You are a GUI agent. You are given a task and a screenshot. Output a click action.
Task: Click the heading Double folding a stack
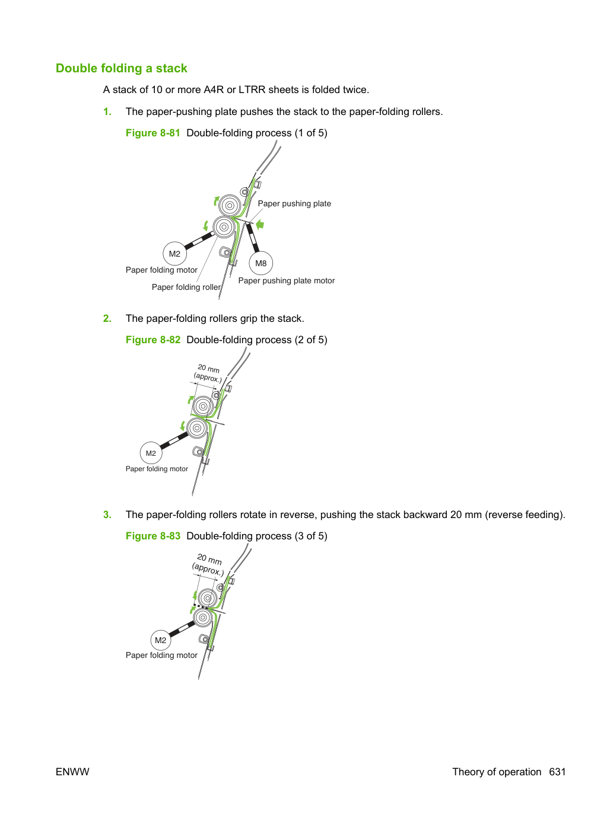pyautogui.click(x=121, y=68)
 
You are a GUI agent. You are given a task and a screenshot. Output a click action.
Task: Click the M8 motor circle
pyautogui.click(x=261, y=263)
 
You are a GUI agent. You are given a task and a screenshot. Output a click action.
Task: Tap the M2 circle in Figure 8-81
pyautogui.click(x=174, y=254)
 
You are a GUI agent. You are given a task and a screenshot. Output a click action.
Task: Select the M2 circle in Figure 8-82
pyautogui.click(x=151, y=453)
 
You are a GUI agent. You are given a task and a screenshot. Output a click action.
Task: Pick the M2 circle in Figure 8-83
pyautogui.click(x=161, y=640)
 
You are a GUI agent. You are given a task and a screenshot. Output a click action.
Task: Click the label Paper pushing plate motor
pyautogui.click(x=286, y=281)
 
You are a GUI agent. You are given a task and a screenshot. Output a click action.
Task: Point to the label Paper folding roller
pyautogui.click(x=186, y=287)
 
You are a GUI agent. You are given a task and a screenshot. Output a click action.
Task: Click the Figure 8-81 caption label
pyautogui.click(x=153, y=133)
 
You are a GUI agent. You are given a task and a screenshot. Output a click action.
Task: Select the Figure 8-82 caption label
pyautogui.click(x=153, y=340)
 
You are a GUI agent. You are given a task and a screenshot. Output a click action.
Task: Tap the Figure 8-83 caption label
pyautogui.click(x=153, y=536)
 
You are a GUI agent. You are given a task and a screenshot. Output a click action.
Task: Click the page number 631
pyautogui.click(x=557, y=772)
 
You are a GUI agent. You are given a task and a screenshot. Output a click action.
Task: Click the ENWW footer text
pyautogui.click(x=72, y=772)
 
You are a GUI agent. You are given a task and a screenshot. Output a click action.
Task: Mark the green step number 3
pyautogui.click(x=107, y=514)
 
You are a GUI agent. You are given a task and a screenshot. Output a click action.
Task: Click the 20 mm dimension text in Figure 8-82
pyautogui.click(x=208, y=369)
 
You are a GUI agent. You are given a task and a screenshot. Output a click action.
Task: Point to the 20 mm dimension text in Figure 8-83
pyautogui.click(x=209, y=559)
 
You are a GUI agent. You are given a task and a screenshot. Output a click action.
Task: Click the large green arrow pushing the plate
pyautogui.click(x=260, y=224)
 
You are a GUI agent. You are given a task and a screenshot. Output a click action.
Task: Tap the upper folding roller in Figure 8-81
pyautogui.click(x=230, y=205)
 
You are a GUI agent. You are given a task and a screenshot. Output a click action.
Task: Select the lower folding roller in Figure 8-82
pyautogui.click(x=197, y=428)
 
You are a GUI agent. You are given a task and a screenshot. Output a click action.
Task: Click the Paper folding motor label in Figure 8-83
pyautogui.click(x=161, y=656)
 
